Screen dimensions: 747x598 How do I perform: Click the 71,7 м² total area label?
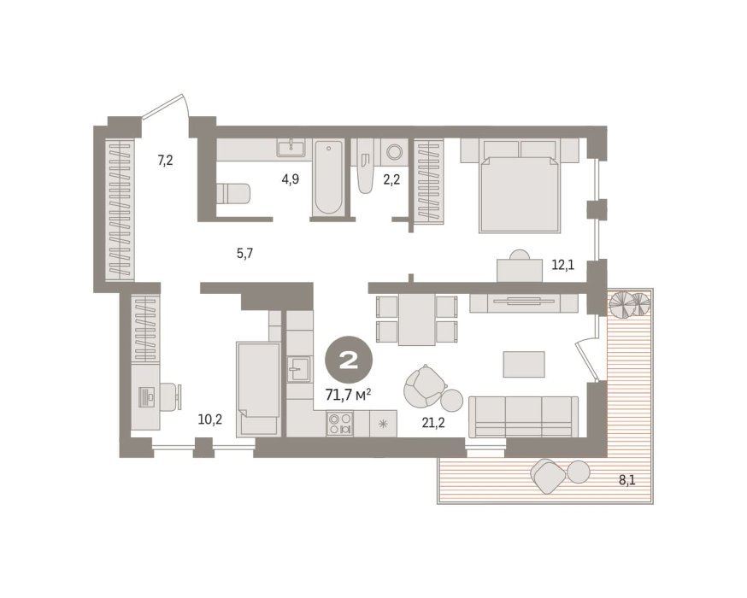[348, 395]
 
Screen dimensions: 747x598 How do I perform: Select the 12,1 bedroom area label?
[562, 265]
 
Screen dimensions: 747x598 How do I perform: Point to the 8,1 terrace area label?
[627, 480]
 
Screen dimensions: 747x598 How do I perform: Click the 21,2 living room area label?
[433, 422]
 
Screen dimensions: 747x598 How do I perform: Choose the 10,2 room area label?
[210, 419]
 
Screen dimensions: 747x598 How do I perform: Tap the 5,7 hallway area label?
[245, 253]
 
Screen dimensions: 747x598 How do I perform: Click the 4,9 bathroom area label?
[290, 179]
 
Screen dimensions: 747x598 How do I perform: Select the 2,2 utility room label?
[391, 179]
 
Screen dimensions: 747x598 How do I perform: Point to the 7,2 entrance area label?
[165, 161]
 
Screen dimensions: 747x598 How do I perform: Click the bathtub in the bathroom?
[329, 177]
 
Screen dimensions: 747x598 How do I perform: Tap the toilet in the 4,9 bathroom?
[233, 194]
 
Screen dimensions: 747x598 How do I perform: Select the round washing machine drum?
[395, 152]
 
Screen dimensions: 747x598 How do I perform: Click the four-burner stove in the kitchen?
[340, 424]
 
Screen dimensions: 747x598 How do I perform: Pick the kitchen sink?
[299, 368]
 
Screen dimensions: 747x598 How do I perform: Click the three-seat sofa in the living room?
[524, 417]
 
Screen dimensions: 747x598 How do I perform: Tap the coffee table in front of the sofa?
[525, 364]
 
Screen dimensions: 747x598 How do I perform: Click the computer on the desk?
[147, 396]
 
